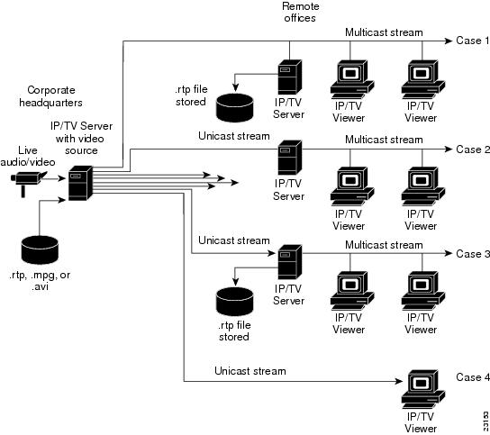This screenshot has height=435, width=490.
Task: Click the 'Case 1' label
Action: pos(473,41)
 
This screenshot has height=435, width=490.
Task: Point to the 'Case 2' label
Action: pos(473,149)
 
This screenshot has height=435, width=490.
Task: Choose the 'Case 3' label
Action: pos(473,254)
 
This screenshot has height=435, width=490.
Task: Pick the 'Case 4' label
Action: pos(473,376)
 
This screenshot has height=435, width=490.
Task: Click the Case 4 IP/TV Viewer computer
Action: pos(421,388)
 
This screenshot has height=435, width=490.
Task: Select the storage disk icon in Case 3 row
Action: pos(236,300)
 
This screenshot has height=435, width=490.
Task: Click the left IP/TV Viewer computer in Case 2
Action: pos(349,186)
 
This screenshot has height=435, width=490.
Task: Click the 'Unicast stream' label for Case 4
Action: pos(250,371)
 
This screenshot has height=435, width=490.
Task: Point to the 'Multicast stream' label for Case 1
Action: pos(384,32)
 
